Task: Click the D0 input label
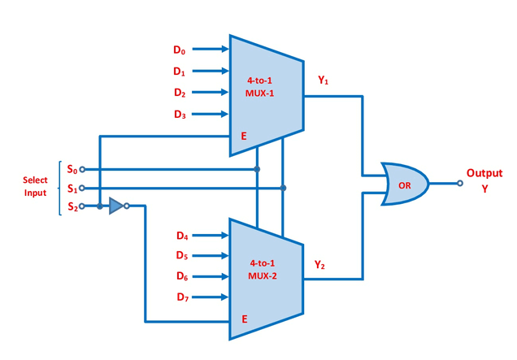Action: click(x=179, y=50)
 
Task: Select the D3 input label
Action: click(x=179, y=115)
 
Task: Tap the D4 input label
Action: click(x=182, y=236)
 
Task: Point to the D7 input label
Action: click(x=182, y=297)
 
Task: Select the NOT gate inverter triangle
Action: click(x=116, y=206)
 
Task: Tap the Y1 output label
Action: click(x=323, y=80)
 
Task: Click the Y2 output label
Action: click(x=320, y=265)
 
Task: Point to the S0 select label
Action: click(x=72, y=170)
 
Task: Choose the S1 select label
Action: click(x=72, y=188)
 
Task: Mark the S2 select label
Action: click(x=72, y=206)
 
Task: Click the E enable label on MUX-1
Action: click(x=243, y=137)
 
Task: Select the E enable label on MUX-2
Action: click(x=243, y=319)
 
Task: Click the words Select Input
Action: click(x=34, y=186)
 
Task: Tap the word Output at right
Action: click(x=484, y=173)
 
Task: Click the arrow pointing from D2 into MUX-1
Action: click(x=212, y=93)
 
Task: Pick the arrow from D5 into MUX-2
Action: click(x=212, y=256)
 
